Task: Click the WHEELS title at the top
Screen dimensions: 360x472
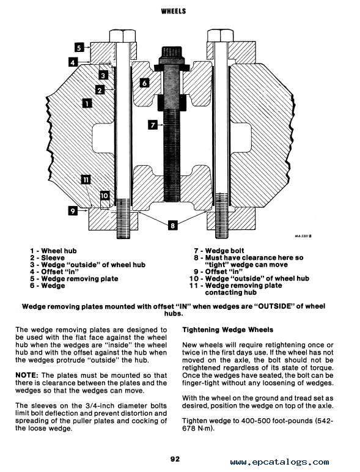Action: click(x=174, y=11)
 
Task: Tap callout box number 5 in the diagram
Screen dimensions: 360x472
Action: click(x=79, y=48)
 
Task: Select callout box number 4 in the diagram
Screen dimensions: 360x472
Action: click(x=73, y=62)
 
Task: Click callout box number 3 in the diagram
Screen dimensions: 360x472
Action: click(x=103, y=75)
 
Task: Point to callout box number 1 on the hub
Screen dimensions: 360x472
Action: click(x=87, y=103)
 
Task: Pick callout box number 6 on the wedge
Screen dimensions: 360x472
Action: click(x=144, y=83)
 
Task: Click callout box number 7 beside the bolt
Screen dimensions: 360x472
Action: click(x=153, y=125)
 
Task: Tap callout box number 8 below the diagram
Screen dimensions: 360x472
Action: click(x=172, y=225)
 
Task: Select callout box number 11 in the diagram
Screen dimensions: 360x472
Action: click(x=86, y=180)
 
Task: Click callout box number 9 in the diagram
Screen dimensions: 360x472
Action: click(x=73, y=211)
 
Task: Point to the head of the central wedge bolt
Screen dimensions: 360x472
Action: click(x=172, y=54)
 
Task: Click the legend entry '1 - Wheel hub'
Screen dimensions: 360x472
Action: click(x=53, y=251)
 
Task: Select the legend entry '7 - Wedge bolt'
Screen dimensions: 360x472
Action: click(x=219, y=251)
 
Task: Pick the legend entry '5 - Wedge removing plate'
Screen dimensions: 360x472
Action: click(x=74, y=279)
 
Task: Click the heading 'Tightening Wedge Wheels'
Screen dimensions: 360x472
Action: click(x=227, y=330)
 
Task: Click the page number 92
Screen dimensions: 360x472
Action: click(x=175, y=459)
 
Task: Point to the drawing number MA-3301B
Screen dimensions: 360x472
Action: click(x=303, y=236)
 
